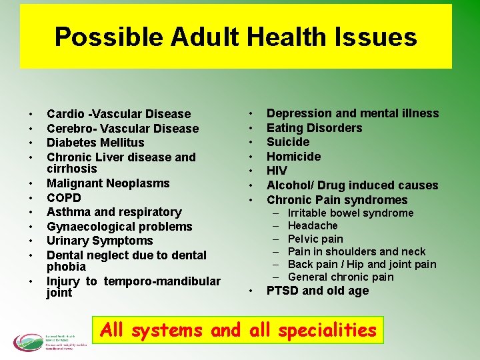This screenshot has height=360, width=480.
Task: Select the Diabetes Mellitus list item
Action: [x=95, y=143]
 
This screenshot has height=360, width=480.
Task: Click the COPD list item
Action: [x=64, y=198]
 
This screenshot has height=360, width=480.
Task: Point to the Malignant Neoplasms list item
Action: [x=108, y=183]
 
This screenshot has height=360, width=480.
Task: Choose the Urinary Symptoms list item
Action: [x=100, y=241]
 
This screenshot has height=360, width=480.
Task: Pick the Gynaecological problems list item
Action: [x=119, y=227]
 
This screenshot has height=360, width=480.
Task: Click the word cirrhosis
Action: [x=72, y=169]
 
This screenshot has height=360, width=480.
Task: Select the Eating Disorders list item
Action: [x=314, y=128]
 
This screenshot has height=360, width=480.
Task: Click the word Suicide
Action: [x=288, y=142]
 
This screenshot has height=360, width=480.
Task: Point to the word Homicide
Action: [x=293, y=157]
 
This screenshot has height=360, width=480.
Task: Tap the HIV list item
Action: [x=277, y=171]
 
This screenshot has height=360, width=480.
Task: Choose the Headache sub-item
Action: [x=313, y=226]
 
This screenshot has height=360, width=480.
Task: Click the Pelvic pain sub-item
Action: [x=315, y=239]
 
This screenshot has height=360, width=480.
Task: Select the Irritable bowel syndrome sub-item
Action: [x=351, y=213]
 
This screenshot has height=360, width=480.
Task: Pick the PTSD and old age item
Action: [x=317, y=291]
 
